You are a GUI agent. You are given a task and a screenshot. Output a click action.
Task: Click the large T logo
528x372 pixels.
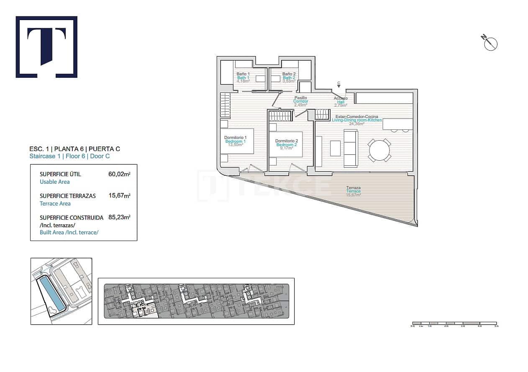(x=46, y=47)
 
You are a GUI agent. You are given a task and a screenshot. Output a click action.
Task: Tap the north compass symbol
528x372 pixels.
(x=490, y=43)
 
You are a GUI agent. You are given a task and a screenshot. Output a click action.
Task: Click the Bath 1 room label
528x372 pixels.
(x=243, y=78)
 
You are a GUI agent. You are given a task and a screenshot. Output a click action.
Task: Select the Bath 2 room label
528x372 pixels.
(x=289, y=78)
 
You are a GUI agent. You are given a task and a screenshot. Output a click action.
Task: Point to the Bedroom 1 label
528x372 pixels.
(x=235, y=141)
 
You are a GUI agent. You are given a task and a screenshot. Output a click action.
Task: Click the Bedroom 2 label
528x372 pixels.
(x=287, y=144)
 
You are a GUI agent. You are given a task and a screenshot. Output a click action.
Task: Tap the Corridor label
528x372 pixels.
(x=300, y=101)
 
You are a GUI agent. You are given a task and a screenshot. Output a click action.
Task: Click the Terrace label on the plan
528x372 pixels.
(x=353, y=191)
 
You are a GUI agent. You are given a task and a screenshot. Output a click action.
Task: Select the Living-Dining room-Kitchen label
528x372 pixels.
(x=356, y=120)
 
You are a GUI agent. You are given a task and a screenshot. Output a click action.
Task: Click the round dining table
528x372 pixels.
(x=379, y=150)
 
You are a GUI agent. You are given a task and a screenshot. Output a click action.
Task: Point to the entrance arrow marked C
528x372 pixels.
(x=338, y=86)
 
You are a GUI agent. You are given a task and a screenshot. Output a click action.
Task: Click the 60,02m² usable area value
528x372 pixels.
(x=119, y=174)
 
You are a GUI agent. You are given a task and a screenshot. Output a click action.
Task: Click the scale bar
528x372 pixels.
(x=454, y=323)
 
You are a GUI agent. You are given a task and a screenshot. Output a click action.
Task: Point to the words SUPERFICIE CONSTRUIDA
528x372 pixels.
(x=71, y=218)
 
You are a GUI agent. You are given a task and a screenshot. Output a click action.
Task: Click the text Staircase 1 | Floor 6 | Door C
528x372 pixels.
(x=69, y=156)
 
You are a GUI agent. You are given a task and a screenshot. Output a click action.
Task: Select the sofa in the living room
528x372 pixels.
(x=351, y=148)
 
